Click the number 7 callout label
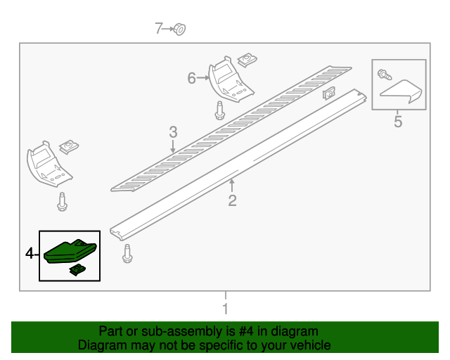[159, 28]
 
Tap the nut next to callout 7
[179, 29]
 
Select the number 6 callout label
[191, 79]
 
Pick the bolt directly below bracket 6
[219, 110]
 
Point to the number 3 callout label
[173, 131]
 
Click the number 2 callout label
[232, 201]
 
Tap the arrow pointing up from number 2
[232, 185]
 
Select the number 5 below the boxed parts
[398, 122]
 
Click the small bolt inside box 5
[383, 73]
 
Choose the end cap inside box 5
[401, 91]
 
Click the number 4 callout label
[30, 252]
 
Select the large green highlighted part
[69, 251]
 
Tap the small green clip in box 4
[75, 269]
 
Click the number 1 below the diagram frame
[225, 309]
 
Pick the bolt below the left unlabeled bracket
[62, 201]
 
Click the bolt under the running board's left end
[127, 254]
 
